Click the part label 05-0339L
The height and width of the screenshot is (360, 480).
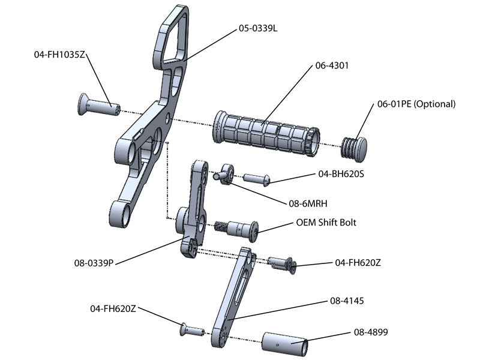tap(258, 28)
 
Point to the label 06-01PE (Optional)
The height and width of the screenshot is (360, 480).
tap(416, 104)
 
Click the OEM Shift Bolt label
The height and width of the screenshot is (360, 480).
tap(326, 222)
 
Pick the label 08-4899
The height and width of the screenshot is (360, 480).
tap(370, 331)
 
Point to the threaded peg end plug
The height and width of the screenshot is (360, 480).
tap(355, 148)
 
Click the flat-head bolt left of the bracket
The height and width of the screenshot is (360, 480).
tap(97, 106)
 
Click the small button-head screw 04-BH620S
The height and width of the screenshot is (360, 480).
tap(257, 178)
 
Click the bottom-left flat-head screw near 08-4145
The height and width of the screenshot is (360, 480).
tap(191, 329)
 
